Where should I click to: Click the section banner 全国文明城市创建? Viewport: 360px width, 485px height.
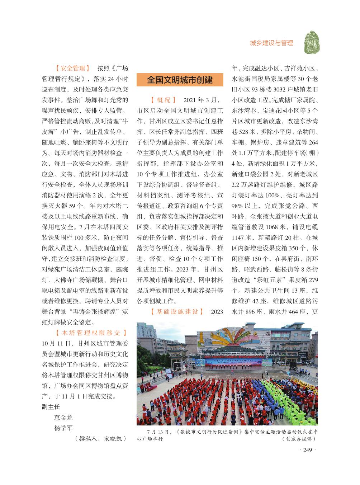tap(180, 80)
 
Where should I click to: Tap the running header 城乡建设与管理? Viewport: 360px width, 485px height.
tap(271, 43)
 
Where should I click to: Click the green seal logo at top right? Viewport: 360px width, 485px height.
tap(312, 42)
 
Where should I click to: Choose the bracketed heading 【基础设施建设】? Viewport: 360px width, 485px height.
tap(177, 312)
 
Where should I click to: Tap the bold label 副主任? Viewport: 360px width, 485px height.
tap(51, 407)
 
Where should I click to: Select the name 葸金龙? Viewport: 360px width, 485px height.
tap(63, 418)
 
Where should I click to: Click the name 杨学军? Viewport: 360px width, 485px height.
tap(63, 428)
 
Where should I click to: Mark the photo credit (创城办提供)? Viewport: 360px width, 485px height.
tap(298, 439)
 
